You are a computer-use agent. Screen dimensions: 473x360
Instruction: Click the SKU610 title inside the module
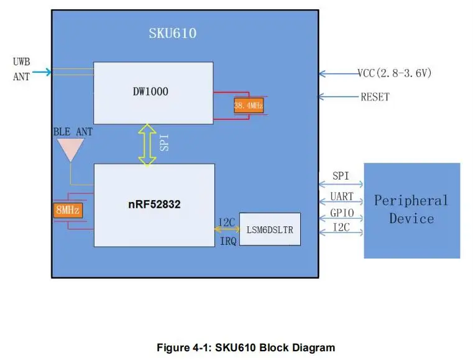[x=173, y=33]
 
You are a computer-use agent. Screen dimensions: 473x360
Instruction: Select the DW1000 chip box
[x=154, y=93]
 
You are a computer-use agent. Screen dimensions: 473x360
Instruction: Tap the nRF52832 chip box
[x=154, y=205]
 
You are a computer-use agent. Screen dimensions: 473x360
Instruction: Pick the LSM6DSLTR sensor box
[x=270, y=229]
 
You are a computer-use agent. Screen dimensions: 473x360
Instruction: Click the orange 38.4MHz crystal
[x=249, y=106]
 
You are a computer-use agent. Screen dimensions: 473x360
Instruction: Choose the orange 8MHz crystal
[x=68, y=210]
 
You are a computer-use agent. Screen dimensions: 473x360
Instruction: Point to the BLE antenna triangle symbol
[x=71, y=150]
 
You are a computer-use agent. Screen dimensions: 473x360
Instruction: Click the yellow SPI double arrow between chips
[x=147, y=145]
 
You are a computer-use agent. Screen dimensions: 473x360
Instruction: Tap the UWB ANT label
[x=21, y=69]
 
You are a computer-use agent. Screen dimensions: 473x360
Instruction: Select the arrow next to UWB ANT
[x=42, y=72]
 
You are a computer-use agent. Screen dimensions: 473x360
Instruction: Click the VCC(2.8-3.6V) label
[x=394, y=73]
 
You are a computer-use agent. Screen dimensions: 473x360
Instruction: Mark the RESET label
[x=375, y=97]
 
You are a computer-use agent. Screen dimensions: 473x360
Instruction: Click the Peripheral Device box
[x=411, y=211]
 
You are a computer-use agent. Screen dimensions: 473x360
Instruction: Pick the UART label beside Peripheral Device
[x=341, y=196]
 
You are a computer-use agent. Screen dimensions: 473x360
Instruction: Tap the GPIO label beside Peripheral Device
[x=342, y=213]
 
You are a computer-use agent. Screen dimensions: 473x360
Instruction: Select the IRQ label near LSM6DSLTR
[x=228, y=241]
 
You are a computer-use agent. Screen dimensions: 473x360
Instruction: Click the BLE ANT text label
[x=73, y=132]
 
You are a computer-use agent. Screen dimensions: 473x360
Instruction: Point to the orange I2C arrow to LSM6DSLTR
[x=227, y=229]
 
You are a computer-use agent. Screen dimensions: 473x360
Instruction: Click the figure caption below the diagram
[x=246, y=348]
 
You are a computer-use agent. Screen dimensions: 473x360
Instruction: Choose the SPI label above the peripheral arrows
[x=341, y=176]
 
